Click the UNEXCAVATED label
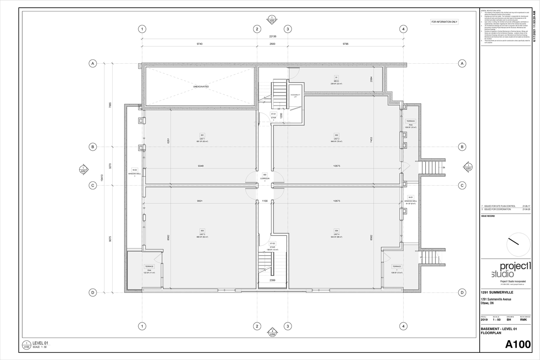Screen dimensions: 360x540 click(x=201, y=87)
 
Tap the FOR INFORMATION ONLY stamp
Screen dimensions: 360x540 click(x=444, y=22)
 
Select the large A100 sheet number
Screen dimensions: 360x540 click(x=517, y=344)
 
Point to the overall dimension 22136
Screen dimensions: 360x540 click(x=272, y=36)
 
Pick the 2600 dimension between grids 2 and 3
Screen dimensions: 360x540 click(x=272, y=44)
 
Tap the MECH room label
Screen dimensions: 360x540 click(x=336, y=81)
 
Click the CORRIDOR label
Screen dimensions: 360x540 click(x=265, y=178)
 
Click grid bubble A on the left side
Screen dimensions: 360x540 click(x=92, y=63)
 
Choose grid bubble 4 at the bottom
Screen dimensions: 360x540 click(x=404, y=326)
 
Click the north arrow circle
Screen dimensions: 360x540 click(x=518, y=244)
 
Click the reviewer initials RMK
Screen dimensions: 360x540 click(x=523, y=319)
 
